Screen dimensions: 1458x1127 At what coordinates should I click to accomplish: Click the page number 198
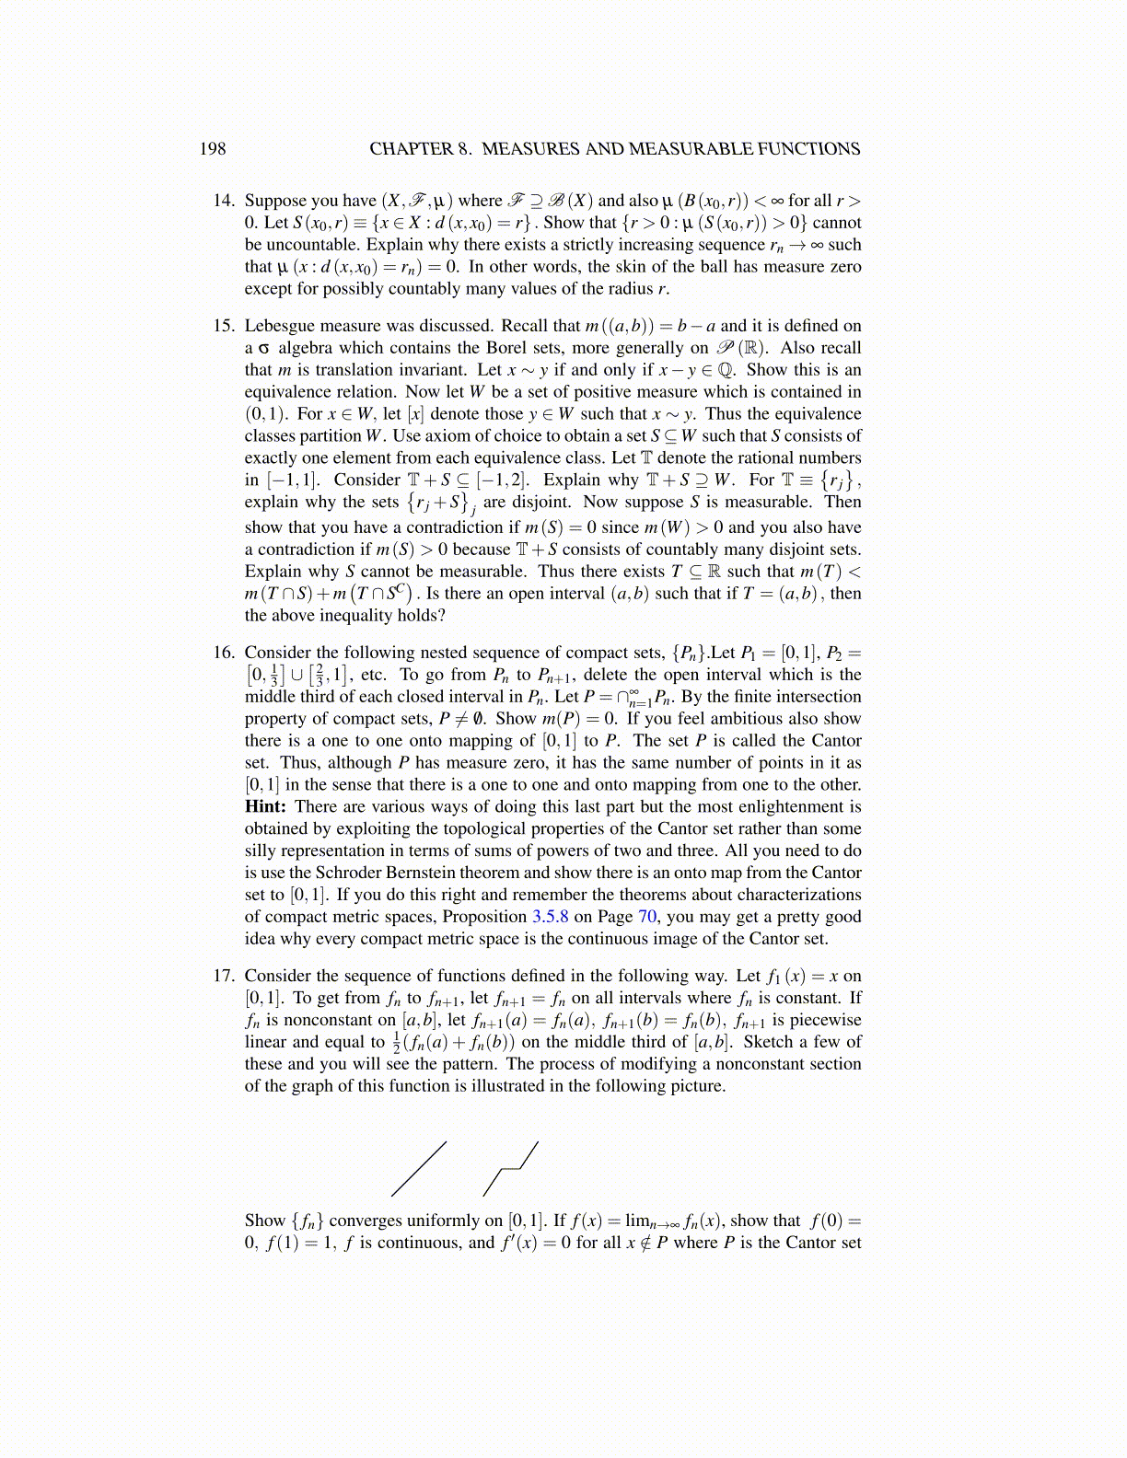click(212, 149)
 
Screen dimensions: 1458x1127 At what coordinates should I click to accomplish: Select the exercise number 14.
click(224, 201)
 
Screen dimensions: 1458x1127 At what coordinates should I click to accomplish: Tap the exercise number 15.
click(224, 326)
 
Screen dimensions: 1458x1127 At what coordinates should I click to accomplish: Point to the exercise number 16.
click(224, 653)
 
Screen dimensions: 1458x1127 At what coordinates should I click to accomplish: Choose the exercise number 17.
click(224, 976)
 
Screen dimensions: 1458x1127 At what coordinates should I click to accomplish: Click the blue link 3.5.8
click(550, 917)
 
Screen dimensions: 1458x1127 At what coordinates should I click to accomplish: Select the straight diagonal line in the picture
click(419, 1169)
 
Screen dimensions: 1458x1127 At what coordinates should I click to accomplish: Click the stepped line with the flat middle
click(510, 1169)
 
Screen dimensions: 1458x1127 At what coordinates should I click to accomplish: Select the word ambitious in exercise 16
click(782, 719)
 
